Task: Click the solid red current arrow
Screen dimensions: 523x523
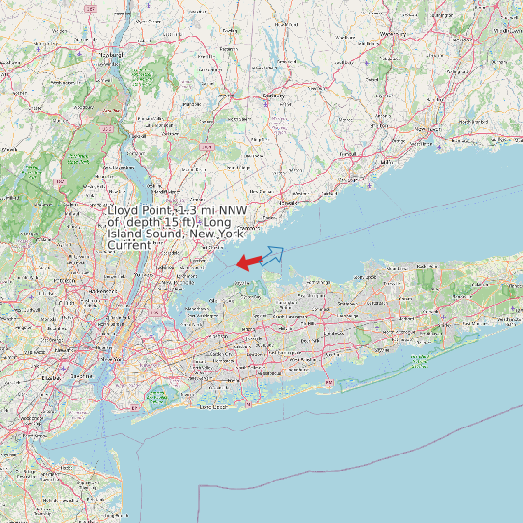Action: (249, 261)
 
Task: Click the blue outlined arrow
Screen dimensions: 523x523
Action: (272, 256)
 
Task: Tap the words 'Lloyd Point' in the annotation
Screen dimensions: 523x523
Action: (140, 209)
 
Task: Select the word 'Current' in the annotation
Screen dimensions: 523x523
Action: (128, 245)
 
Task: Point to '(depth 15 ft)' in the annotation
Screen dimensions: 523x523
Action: (160, 222)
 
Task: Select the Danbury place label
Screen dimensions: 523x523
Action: (275, 96)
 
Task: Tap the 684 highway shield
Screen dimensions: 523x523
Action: (206, 146)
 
